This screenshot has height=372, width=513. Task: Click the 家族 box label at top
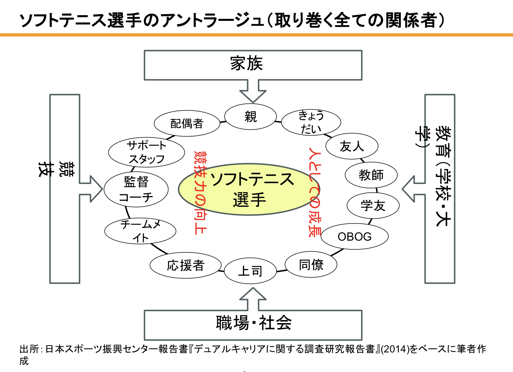point(247,63)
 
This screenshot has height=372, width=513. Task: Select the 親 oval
point(250,117)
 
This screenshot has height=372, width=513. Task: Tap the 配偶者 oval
point(187,123)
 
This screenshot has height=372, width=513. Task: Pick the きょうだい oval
point(311,122)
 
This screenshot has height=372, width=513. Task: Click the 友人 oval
point(352,146)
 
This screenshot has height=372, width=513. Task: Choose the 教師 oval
point(371,175)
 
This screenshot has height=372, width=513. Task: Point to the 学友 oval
point(373,206)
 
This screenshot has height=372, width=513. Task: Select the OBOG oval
point(355,237)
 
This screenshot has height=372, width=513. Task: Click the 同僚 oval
point(311,265)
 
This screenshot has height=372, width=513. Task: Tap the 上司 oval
point(250,271)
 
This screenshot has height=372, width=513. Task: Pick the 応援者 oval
point(185,266)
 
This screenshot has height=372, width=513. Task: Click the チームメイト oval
point(140,231)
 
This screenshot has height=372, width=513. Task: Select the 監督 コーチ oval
point(136,190)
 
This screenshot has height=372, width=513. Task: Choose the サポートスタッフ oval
point(147,152)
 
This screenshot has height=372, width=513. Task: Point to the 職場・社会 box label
point(253,323)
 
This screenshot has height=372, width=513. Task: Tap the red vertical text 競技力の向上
point(200,193)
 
